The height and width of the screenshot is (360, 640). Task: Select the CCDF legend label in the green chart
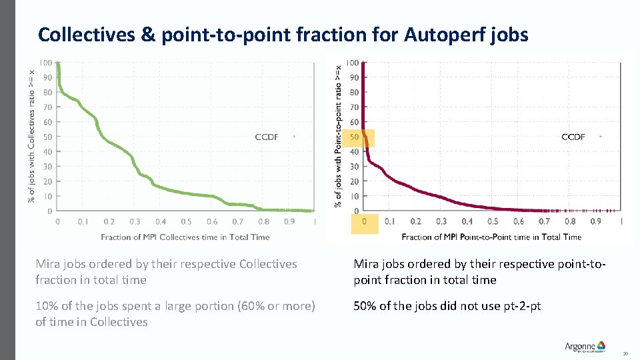tap(267, 137)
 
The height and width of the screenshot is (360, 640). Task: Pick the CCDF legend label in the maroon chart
tap(573, 137)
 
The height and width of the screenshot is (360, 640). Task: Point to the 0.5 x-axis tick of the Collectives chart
tap(186, 221)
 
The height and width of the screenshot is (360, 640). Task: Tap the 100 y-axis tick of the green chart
tap(45, 63)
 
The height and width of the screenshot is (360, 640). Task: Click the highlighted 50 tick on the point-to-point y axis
tap(354, 137)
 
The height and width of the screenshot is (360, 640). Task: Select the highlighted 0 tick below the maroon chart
tap(364, 221)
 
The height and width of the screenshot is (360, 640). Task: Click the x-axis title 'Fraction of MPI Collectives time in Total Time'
tap(185, 237)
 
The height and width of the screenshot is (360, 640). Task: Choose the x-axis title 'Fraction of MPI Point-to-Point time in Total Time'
tap(491, 237)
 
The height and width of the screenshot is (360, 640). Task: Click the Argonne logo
tap(585, 346)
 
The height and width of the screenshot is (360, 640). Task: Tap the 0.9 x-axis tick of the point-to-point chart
tap(595, 221)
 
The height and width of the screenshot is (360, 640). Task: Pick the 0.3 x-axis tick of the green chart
tap(135, 221)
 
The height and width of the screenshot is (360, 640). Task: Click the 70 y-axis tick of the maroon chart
tap(354, 107)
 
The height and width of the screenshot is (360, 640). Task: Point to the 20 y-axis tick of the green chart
tap(47, 181)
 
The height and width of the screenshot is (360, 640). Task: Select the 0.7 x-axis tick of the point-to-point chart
tap(544, 221)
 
